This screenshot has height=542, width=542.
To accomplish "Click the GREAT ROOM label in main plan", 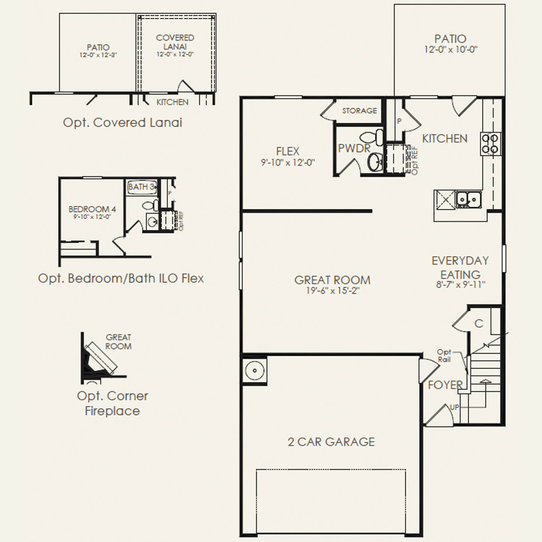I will pos(332,280).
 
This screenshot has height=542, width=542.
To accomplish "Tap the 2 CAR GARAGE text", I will pos(331,442).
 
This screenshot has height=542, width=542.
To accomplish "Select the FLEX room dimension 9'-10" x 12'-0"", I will pos(288,163).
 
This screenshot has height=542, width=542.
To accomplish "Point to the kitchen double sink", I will pos(468,199).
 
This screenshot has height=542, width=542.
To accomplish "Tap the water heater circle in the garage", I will pos(255,371).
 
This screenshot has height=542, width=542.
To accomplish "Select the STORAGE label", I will pos(359,111).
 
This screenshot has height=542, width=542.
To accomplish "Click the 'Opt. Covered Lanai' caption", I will pos(122,122).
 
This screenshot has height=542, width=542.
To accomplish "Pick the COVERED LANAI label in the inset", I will pos(175,42).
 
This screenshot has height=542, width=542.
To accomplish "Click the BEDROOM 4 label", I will pos(92,209).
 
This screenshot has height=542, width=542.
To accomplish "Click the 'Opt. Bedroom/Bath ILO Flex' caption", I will pos(121,278).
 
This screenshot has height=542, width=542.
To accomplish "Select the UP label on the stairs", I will pos(455,407).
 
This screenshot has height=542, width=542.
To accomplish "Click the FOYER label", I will pos(445,385).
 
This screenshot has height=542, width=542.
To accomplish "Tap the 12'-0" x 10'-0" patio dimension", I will pos(451,50).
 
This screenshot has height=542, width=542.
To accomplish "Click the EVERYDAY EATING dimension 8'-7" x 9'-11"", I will pos(460,285).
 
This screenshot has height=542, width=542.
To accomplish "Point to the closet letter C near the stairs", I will pos(479,323).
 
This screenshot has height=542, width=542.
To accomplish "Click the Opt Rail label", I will pos(444,356).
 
